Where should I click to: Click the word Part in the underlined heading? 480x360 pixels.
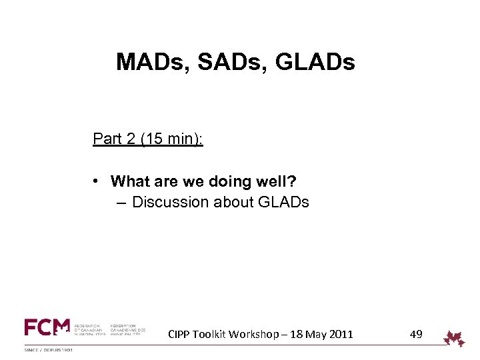click(x=107, y=139)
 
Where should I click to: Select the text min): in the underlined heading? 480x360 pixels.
click(x=183, y=139)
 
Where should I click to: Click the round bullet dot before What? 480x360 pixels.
click(x=97, y=181)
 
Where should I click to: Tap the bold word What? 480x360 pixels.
click(x=131, y=181)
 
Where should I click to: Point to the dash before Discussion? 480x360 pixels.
click(x=119, y=202)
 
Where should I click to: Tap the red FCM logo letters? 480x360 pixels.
click(x=47, y=327)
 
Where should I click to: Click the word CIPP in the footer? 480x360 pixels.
click(x=179, y=334)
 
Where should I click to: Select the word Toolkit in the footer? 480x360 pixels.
click(x=212, y=334)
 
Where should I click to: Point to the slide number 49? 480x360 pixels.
click(x=416, y=334)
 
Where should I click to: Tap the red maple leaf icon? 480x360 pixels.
click(x=455, y=338)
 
